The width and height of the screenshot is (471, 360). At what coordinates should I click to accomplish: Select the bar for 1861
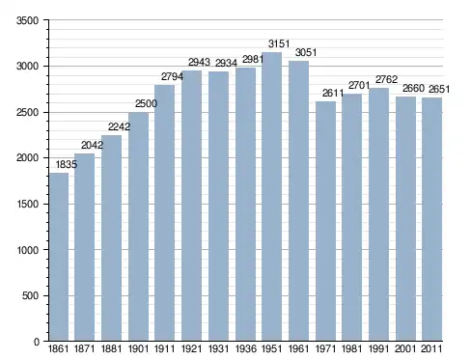click(59, 257)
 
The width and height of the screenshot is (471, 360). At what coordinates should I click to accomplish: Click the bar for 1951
click(271, 197)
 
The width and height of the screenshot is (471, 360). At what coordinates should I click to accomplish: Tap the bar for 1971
click(325, 221)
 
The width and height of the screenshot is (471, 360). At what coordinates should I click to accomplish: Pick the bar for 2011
click(431, 219)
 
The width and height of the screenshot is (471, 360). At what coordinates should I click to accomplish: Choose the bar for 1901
click(138, 227)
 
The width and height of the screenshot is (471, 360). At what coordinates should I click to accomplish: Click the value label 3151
click(279, 43)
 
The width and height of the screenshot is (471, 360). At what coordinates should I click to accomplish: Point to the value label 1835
click(67, 164)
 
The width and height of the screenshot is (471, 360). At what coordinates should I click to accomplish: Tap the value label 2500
click(146, 103)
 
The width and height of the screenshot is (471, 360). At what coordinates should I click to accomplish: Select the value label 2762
click(386, 79)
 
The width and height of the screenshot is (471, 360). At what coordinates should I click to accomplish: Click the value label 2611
click(333, 93)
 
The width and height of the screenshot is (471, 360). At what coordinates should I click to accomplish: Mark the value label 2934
click(226, 63)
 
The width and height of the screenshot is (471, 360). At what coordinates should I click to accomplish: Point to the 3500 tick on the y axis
click(28, 20)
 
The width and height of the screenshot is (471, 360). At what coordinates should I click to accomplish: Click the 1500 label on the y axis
click(28, 204)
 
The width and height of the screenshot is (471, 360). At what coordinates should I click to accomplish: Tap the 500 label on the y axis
click(30, 295)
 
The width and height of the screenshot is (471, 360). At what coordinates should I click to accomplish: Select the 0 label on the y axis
click(37, 342)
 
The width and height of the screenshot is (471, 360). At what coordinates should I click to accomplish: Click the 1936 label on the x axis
click(246, 348)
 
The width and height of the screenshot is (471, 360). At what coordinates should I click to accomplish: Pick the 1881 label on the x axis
click(111, 348)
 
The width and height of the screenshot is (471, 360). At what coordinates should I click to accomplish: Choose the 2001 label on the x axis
click(405, 348)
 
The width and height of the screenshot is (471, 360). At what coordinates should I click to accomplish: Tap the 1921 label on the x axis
click(191, 348)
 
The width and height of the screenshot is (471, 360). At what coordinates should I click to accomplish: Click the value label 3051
click(306, 52)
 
